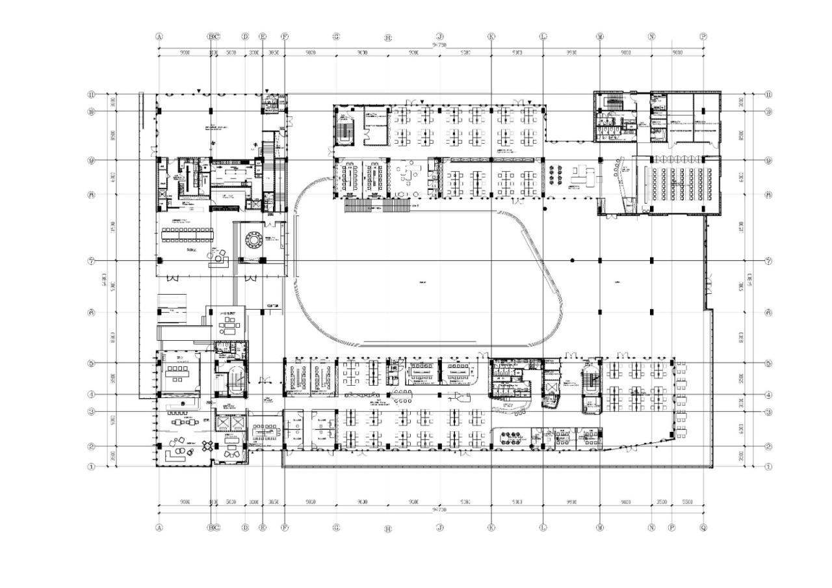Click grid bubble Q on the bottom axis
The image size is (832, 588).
(703, 528)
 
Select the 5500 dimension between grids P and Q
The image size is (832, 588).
(688, 502)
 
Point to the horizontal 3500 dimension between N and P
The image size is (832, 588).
(661, 502)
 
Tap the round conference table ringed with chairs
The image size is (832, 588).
(251, 239)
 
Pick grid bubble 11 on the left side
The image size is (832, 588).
(92, 94)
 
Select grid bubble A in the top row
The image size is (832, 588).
(159, 36)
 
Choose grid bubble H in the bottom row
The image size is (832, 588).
(388, 529)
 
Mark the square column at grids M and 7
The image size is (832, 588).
(600, 260)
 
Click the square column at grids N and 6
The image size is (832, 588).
(651, 312)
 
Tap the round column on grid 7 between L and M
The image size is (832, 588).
(572, 260)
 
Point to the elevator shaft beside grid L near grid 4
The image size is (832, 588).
(551, 390)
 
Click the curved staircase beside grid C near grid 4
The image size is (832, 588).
(236, 381)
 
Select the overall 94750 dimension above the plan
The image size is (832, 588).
(439, 44)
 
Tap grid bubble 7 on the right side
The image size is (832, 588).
(769, 261)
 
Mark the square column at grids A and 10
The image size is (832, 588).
(159, 111)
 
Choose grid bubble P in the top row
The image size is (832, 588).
(703, 36)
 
